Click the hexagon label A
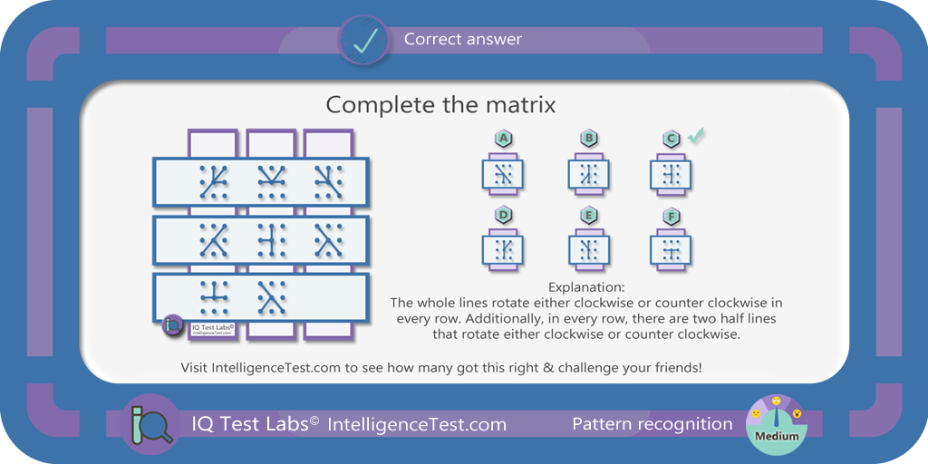tap(504, 139)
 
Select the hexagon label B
tap(589, 139)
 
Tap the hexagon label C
tap(672, 139)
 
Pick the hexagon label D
tap(504, 216)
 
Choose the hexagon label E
tap(589, 216)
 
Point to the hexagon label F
tap(672, 216)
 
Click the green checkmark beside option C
tap(696, 136)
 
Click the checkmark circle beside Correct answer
tap(363, 40)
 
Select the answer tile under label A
tap(503, 174)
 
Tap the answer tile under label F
tap(672, 250)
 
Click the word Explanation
tap(586, 287)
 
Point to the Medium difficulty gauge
tap(777, 425)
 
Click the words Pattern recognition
tap(652, 424)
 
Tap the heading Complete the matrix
tap(441, 105)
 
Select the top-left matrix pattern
tap(214, 181)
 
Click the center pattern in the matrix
tap(272, 239)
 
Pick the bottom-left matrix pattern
tap(214, 297)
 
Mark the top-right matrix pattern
tap(328, 181)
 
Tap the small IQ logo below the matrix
tap(173, 325)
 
